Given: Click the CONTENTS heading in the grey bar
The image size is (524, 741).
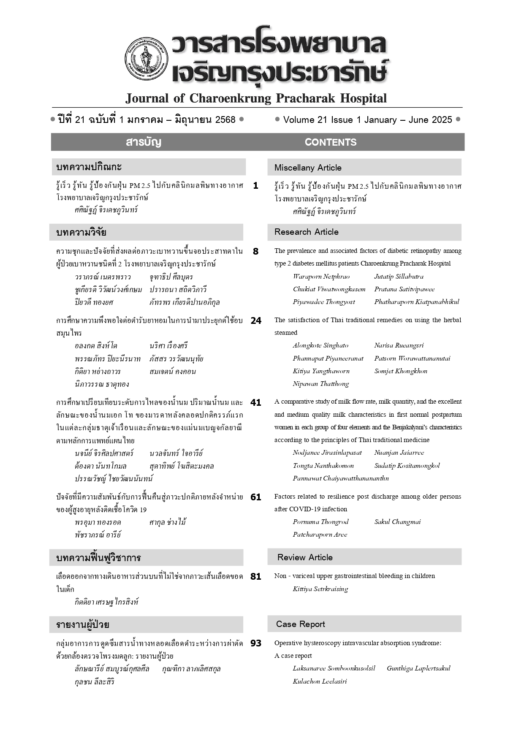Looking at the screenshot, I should click(330, 142).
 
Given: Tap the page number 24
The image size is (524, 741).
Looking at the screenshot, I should click(256, 320).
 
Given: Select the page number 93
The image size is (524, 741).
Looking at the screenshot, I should click(256, 643).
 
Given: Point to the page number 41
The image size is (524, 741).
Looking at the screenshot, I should click(256, 402).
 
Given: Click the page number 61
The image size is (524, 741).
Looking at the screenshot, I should click(256, 497).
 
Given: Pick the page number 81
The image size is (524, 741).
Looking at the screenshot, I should click(256, 576).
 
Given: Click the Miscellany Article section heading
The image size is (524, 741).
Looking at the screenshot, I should click(308, 168).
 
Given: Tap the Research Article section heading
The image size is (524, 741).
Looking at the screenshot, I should click(306, 232).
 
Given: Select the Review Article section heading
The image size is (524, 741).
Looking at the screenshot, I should click(305, 557).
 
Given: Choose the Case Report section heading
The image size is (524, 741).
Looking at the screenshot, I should click(300, 624).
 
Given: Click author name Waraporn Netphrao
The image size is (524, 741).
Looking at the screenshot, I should click(321, 277).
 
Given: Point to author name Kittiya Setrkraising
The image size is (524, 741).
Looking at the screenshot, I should click(320, 589).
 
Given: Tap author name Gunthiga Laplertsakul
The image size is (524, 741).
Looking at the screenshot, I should click(418, 668).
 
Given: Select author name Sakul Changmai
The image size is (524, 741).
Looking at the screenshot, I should click(397, 522).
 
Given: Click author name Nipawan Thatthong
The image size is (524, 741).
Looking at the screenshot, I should click(320, 384).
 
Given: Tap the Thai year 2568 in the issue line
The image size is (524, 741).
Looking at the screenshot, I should click(225, 120).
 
